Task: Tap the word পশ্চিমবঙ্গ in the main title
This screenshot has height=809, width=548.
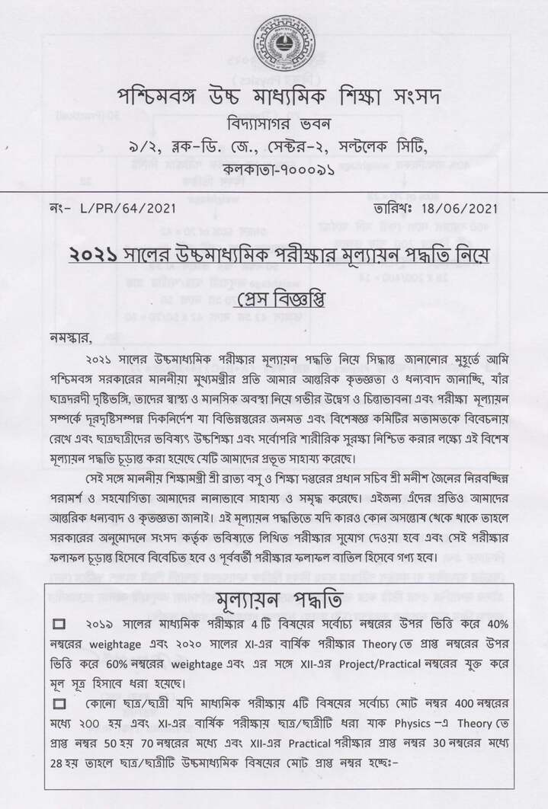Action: pos(157,98)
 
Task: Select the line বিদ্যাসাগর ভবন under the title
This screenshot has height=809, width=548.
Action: pos(276,123)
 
